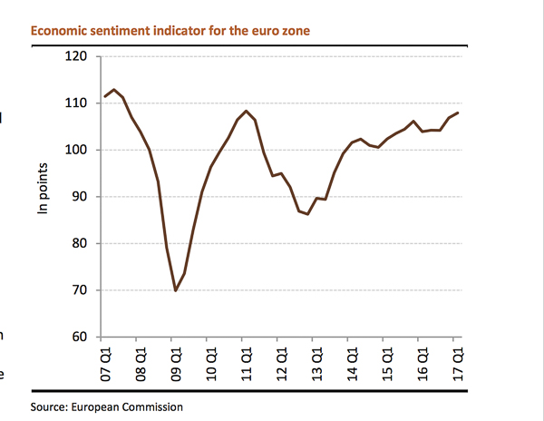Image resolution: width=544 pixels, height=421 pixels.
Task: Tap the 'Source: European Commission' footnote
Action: tap(107, 407)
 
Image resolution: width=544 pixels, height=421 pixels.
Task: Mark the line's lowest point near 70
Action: tap(175, 290)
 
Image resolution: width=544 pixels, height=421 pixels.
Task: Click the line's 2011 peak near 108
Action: tap(246, 111)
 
